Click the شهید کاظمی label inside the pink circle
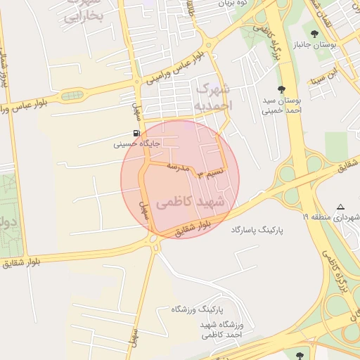[x=192, y=202]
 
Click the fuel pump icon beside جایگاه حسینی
[x=136, y=133]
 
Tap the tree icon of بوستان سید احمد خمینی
[x=281, y=89]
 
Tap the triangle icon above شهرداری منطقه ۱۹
[x=340, y=207]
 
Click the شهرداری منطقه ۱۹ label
[x=330, y=218]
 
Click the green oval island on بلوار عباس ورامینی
[x=72, y=95]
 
